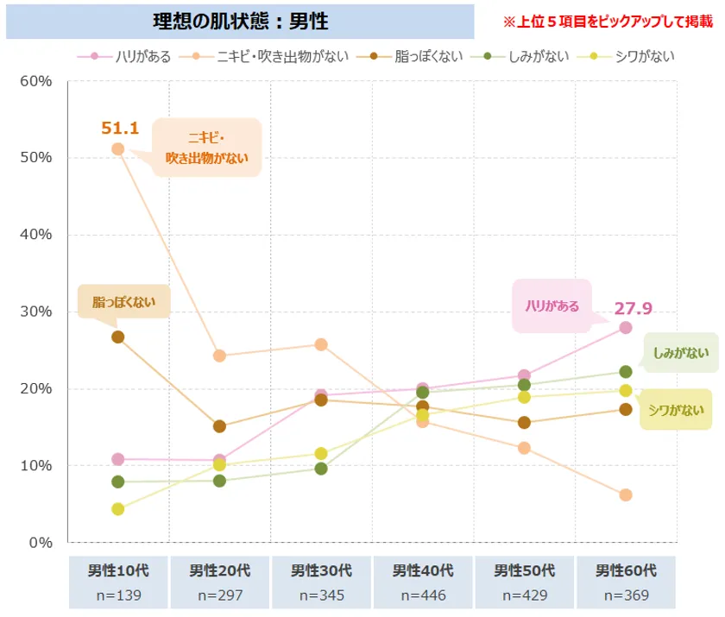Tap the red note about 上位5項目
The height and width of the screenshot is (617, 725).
coord(607,20)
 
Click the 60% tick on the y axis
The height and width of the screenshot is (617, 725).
coord(35,81)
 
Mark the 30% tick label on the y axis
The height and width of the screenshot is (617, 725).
coord(35,312)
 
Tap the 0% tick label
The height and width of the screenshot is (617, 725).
coord(39,543)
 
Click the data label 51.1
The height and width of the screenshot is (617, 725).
coord(120,129)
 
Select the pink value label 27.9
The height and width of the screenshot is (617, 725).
coord(633,308)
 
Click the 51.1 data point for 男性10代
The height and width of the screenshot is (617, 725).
coord(118,148)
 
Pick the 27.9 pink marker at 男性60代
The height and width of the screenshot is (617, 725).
coord(626,327)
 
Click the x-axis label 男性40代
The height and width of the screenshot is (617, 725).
coord(423,570)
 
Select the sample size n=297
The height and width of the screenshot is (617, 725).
coord(220,595)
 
